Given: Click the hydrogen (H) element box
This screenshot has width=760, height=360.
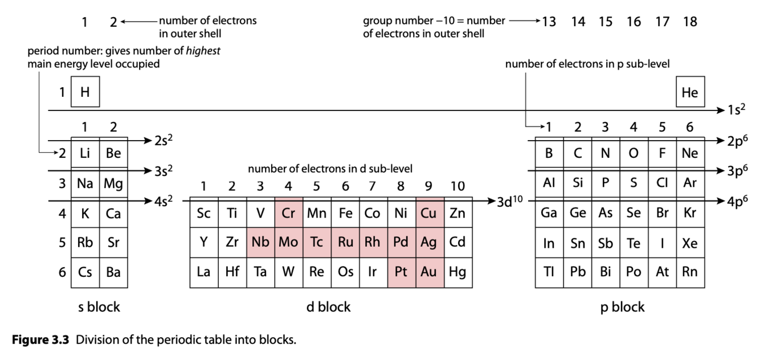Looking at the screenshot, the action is (x=85, y=92).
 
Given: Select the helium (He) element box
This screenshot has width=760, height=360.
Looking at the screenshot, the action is (x=690, y=92).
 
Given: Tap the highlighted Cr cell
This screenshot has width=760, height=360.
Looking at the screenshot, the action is (x=289, y=212).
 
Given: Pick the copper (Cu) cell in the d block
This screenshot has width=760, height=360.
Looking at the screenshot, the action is (x=430, y=212).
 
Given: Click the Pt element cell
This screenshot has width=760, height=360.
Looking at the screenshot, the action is (x=402, y=273).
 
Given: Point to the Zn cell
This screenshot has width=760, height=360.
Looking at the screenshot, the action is (x=458, y=212).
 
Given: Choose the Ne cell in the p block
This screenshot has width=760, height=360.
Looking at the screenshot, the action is (x=690, y=153).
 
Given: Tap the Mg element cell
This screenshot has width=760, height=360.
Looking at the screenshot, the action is (x=113, y=183).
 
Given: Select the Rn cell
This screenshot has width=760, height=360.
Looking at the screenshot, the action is (x=690, y=273).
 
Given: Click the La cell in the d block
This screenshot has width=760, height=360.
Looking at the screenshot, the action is (x=204, y=273).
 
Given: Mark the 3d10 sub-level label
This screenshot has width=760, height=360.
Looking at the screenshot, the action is (x=509, y=201).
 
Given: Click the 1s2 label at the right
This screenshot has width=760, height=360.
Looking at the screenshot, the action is (x=736, y=109).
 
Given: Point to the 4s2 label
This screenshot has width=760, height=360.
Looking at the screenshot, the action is (x=163, y=201).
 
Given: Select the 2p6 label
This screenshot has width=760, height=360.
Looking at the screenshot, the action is (x=737, y=141).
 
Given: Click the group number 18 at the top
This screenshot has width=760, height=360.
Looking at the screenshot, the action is (x=690, y=22).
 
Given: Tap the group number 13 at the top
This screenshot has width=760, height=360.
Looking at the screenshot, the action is (x=549, y=22).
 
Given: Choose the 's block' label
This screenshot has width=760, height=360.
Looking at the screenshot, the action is (x=99, y=306).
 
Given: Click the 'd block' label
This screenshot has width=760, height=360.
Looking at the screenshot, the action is (x=328, y=306).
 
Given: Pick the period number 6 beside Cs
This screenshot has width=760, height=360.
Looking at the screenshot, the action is (x=62, y=272).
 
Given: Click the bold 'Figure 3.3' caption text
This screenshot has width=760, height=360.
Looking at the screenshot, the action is (x=40, y=339).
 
